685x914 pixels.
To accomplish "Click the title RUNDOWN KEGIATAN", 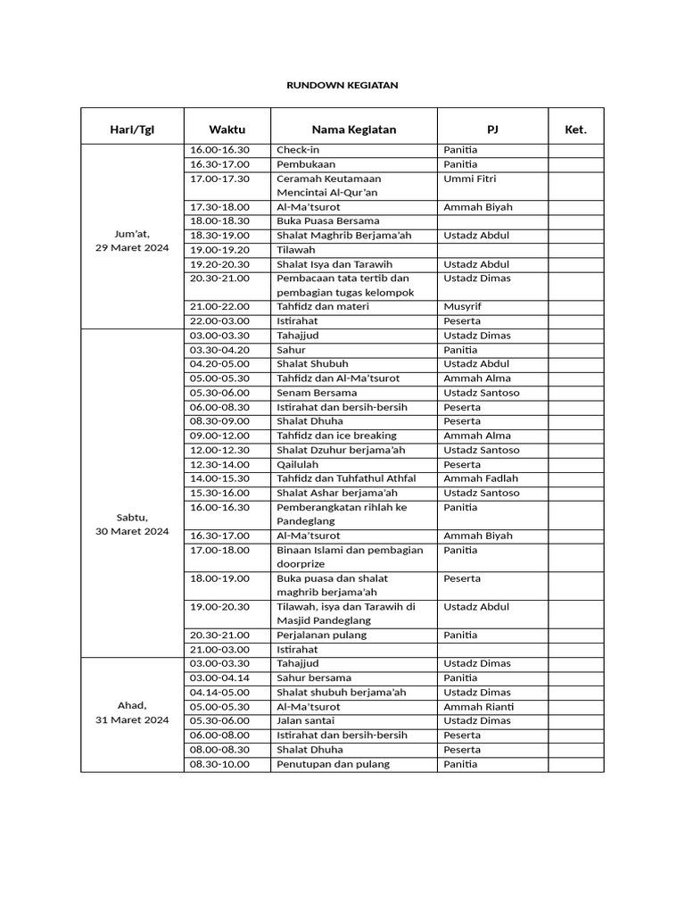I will (342, 85).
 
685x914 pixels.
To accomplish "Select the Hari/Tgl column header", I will (132, 129).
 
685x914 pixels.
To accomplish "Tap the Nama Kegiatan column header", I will (354, 129).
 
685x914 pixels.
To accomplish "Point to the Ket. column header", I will (575, 129).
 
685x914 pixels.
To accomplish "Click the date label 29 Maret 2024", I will (132, 248).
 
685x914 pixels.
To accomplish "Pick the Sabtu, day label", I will (132, 517).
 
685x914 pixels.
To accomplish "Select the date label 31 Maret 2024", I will (132, 719).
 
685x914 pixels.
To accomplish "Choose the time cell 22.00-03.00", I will (219, 321).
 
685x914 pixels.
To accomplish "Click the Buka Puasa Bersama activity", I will (327, 221).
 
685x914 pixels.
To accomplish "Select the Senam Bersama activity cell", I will (316, 393).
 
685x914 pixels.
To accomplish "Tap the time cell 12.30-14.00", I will (219, 464).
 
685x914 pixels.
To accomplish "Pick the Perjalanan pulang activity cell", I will (321, 636).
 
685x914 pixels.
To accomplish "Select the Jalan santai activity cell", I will (305, 721).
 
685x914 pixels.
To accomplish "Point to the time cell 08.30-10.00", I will (219, 764).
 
